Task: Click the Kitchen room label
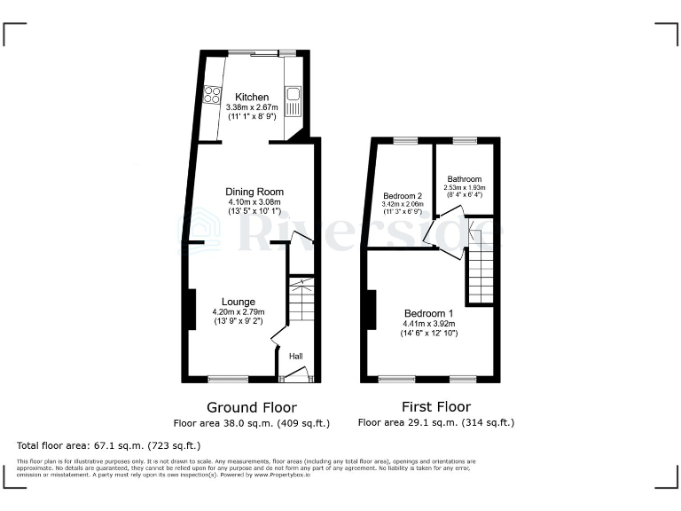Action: pos(251,97)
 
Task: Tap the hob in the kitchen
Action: pos(212,93)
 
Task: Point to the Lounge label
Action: pos(239,302)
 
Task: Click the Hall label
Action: pos(295,356)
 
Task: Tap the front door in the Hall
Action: pos(297,375)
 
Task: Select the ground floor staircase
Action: pos(301,301)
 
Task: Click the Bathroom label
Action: pos(464,178)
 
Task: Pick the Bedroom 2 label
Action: pos(402,195)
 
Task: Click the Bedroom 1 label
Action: pos(428,314)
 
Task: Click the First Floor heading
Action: pos(435,407)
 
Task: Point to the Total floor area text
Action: pos(109,444)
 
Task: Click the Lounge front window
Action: pos(228,380)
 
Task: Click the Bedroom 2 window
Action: pos(405,140)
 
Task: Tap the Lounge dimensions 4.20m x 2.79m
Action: pos(239,312)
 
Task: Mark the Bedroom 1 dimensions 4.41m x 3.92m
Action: pos(429,325)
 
